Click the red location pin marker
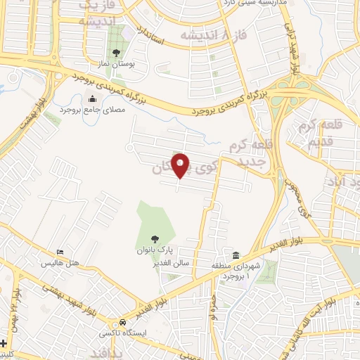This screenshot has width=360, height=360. [x=181, y=165]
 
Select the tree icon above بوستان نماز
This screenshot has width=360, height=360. [x=116, y=52]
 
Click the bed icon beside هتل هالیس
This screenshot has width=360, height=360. [x=60, y=252]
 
